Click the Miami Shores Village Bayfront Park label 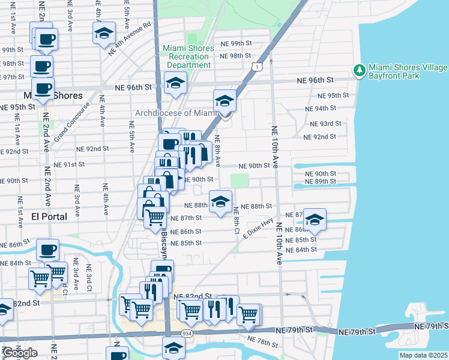coord(408,72)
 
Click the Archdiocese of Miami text coord(175,113)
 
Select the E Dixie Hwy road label coord(259,229)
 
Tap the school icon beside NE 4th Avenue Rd coord(104,33)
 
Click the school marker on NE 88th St coord(220,201)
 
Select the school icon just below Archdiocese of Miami coord(224,100)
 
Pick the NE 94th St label coord(320,109)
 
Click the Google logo coord(20,353)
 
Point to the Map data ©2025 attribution coord(423,355)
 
